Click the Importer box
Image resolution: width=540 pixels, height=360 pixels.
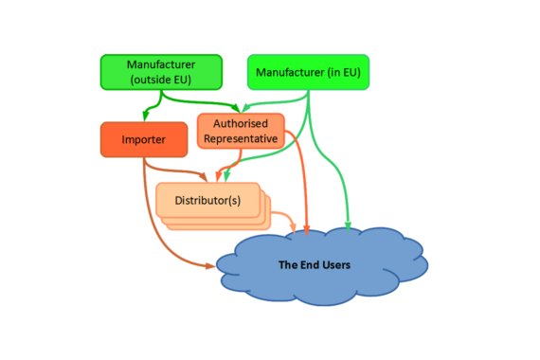coord(143,140)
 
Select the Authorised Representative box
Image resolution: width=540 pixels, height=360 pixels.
coord(240,131)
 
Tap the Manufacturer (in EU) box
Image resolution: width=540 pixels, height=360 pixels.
coord(308,72)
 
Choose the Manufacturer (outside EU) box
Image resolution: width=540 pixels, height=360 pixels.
coord(161,72)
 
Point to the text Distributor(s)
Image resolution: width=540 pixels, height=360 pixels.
coord(207,200)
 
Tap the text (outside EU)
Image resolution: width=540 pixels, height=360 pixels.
coord(161,80)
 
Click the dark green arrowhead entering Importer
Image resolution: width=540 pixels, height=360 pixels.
coord(144,117)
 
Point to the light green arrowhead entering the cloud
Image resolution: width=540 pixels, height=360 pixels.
coord(348,226)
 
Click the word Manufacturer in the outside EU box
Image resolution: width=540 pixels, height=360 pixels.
coord(161,64)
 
